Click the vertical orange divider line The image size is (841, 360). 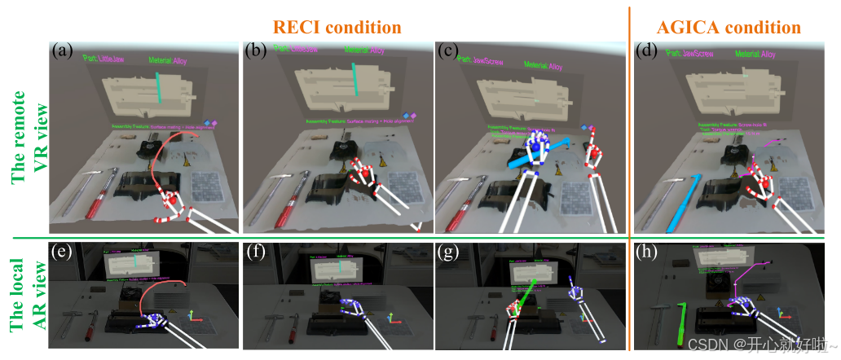click(x=629, y=122)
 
